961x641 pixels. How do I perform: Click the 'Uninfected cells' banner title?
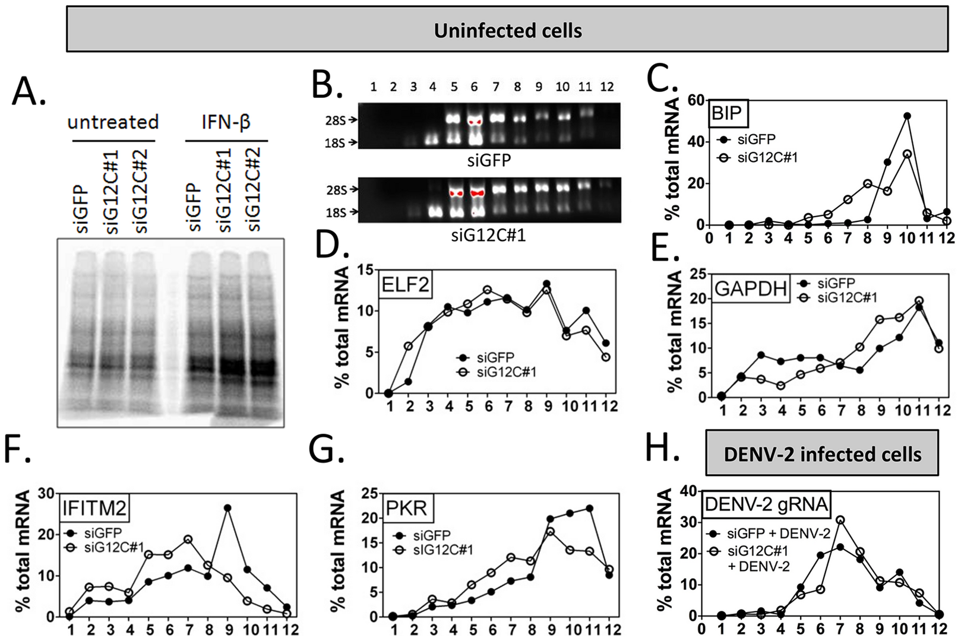coord(507,30)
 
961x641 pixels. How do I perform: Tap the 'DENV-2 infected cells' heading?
coord(822,455)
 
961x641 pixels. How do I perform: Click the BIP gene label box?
coord(726,113)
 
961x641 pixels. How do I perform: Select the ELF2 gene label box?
coord(405,285)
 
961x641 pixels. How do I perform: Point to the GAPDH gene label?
coord(751,288)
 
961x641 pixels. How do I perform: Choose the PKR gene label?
coord(406,508)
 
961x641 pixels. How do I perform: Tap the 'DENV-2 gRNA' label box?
coord(766,504)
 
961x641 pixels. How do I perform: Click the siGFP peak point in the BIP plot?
coord(907,116)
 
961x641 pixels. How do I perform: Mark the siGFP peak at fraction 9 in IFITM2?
coord(227,508)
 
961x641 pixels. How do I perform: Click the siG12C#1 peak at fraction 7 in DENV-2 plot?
coord(840,520)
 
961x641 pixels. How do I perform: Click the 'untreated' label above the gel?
coord(113,122)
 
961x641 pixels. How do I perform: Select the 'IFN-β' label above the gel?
coord(226,122)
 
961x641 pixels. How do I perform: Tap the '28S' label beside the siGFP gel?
coord(336,120)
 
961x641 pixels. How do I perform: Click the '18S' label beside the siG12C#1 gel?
coord(336,212)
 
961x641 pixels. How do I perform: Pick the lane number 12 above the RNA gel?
coord(606,87)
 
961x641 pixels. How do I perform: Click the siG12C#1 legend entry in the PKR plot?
coord(443,550)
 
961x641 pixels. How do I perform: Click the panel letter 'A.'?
coord(29,91)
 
